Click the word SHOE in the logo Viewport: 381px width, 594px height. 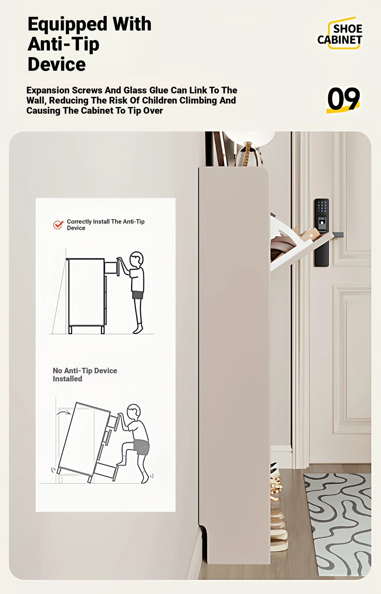pyautogui.click(x=348, y=29)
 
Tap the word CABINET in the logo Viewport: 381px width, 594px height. pyautogui.click(x=340, y=40)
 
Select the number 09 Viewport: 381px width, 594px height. pyautogui.click(x=344, y=99)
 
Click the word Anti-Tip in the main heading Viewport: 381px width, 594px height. pyautogui.click(x=63, y=44)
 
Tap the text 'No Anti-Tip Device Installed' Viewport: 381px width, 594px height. pyautogui.click(x=85, y=374)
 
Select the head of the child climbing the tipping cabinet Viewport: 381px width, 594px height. pyautogui.click(x=134, y=412)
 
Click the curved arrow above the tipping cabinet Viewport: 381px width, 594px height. pyautogui.click(x=64, y=412)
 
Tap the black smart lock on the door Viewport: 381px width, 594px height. pyautogui.click(x=322, y=232)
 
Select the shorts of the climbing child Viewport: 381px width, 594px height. pyautogui.click(x=141, y=447)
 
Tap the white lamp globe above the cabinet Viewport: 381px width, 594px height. pyautogui.click(x=249, y=138)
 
